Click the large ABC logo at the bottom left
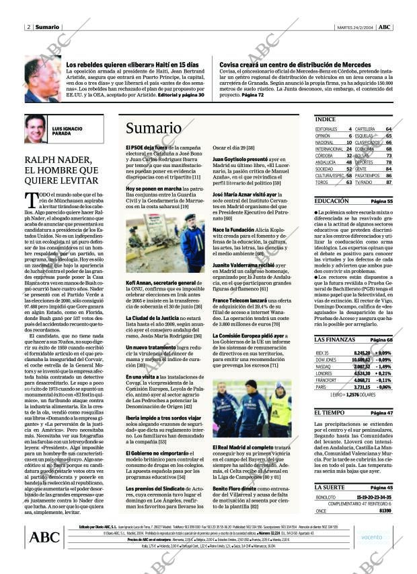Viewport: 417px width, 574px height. pyautogui.click(x=44, y=537)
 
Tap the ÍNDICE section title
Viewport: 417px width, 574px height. pyautogui.click(x=325, y=119)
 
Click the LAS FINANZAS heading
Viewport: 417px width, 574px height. pyautogui.click(x=335, y=340)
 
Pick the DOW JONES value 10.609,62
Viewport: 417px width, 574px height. pyautogui.click(x=361, y=360)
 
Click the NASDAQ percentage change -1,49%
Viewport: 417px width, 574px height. pyautogui.click(x=384, y=366)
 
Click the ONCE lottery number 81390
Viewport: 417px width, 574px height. pyautogui.click(x=385, y=511)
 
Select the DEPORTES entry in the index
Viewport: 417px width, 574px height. pyautogui.click(x=364, y=162)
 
